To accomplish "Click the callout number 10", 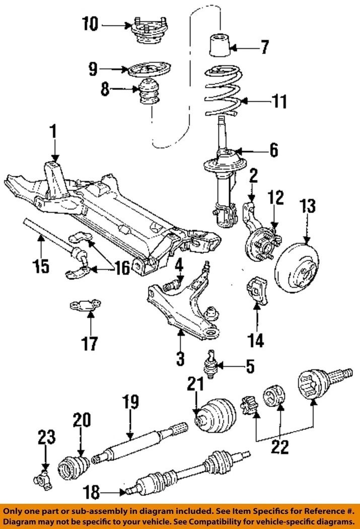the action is (x=91, y=24).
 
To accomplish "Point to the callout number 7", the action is (x=265, y=47).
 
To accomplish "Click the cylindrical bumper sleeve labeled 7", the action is (x=220, y=45).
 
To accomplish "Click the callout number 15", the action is (x=41, y=266).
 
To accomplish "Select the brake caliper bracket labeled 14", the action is (x=257, y=290).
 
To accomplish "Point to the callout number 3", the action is (x=180, y=358).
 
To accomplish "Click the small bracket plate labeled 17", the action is (x=86, y=305).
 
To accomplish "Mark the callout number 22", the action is (x=280, y=447).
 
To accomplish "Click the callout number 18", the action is (x=91, y=493).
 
